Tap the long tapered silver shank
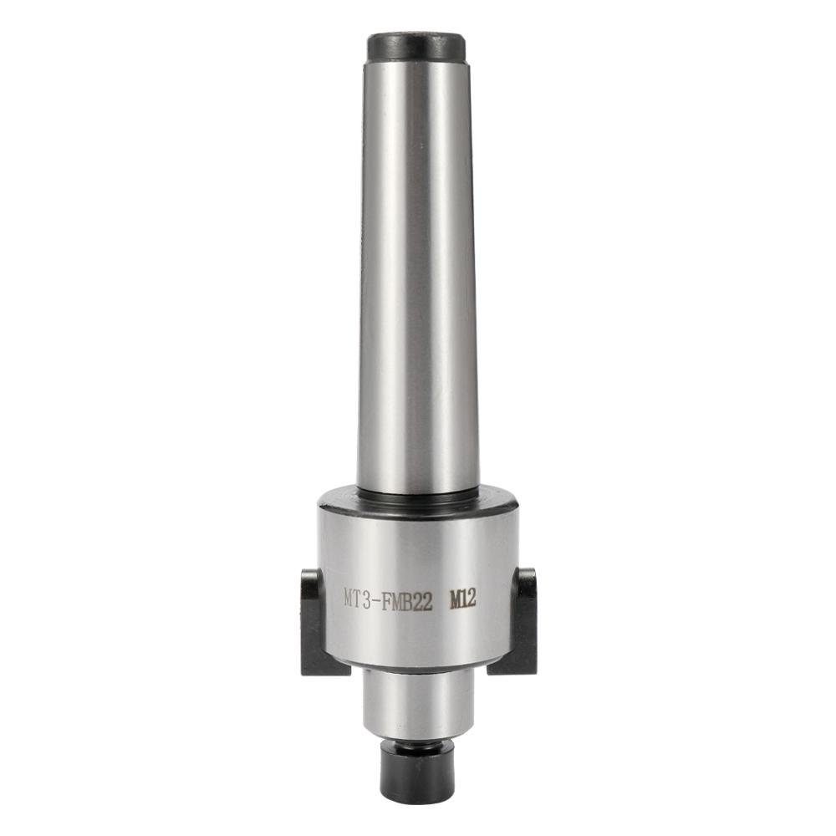coord(416,276)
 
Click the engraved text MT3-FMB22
coord(388,599)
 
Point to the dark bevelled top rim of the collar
coord(415,497)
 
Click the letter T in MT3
coord(359,599)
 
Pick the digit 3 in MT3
coord(370,599)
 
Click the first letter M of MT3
coord(349,599)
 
